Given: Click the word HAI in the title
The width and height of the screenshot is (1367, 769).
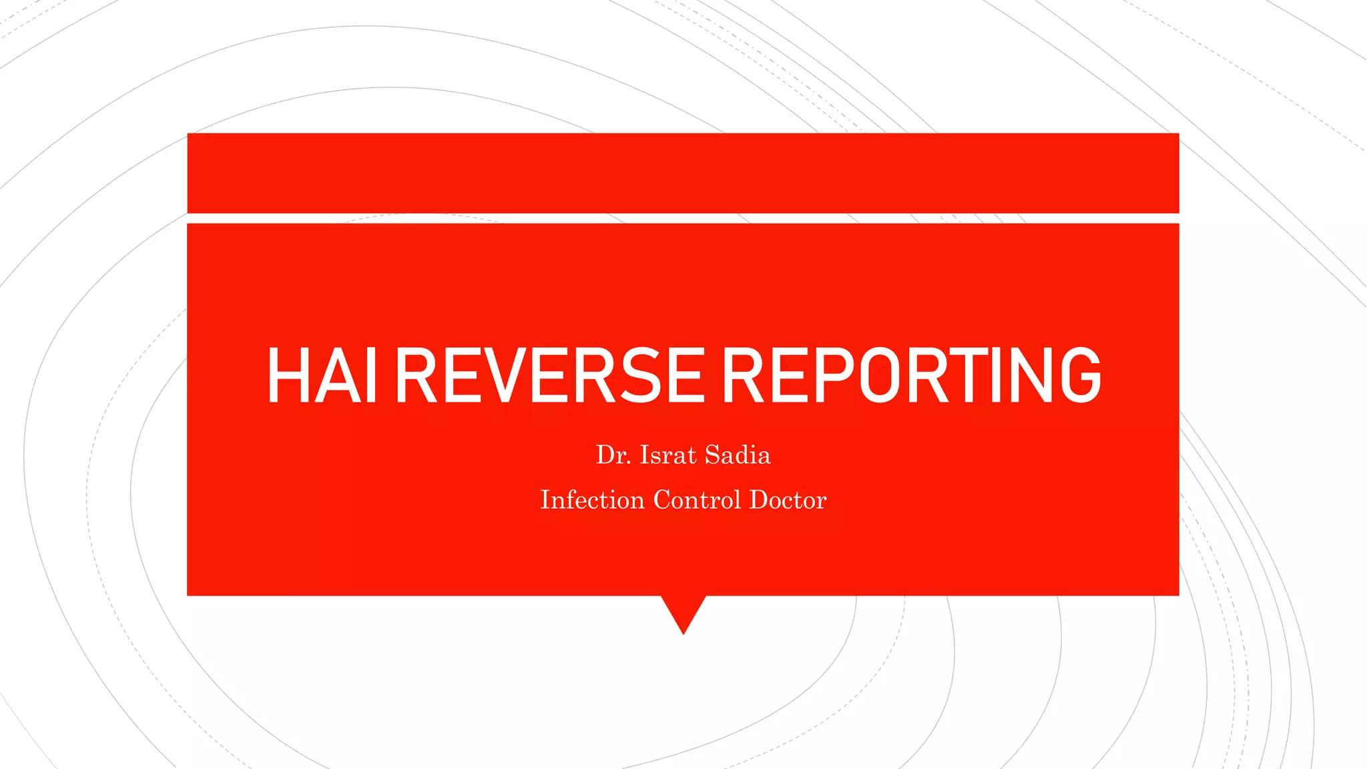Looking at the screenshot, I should [322, 375].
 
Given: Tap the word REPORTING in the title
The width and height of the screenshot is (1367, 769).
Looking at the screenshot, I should [912, 375].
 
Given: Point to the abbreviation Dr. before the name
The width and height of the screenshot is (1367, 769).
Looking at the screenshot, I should [613, 455].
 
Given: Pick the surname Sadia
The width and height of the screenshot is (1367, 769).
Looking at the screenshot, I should [738, 455].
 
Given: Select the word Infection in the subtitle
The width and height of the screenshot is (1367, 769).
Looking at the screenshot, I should [592, 500].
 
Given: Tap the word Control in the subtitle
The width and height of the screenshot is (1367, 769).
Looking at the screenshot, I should [697, 500].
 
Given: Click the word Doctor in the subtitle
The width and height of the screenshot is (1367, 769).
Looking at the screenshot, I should [788, 500].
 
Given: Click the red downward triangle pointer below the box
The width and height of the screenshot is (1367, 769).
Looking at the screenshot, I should [683, 610].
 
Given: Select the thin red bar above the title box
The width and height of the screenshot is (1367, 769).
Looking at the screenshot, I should [683, 173].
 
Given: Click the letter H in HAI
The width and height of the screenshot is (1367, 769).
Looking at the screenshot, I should [288, 375].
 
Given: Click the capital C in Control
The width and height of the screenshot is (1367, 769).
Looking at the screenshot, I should [663, 500].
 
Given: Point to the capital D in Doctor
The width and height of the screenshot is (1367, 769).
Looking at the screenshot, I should [759, 500].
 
